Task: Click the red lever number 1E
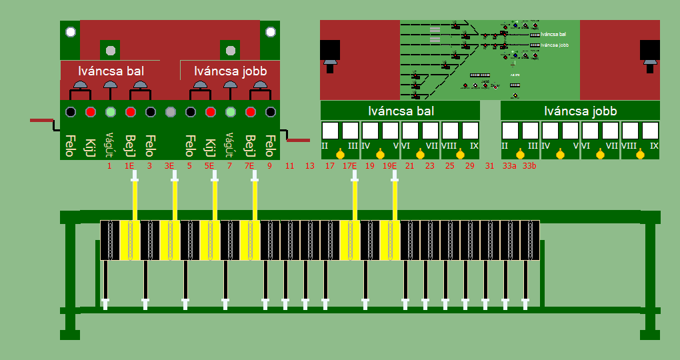click(x=129, y=165)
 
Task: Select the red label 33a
click(x=509, y=165)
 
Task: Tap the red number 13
click(x=309, y=165)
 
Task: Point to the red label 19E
click(x=389, y=165)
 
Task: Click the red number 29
click(x=469, y=165)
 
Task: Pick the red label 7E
click(x=249, y=165)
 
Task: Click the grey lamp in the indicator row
click(x=170, y=112)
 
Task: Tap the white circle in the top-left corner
click(x=70, y=32)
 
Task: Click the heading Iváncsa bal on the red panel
click(x=111, y=70)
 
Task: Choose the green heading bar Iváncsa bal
click(x=400, y=111)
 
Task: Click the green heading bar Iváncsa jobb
click(x=580, y=111)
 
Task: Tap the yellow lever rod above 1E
click(x=135, y=197)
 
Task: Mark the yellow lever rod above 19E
click(x=395, y=197)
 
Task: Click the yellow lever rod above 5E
click(x=215, y=197)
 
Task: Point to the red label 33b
click(x=529, y=165)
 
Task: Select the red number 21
click(x=409, y=165)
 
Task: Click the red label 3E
click(x=169, y=165)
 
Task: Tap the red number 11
click(x=289, y=165)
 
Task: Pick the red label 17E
click(x=349, y=165)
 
